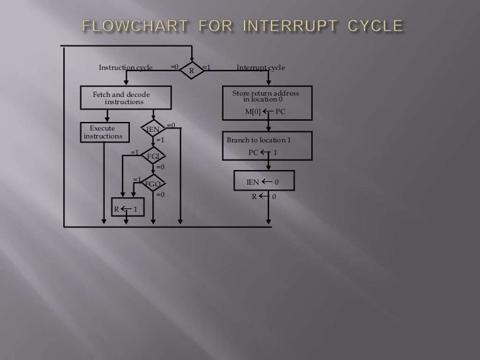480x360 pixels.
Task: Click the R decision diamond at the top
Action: coord(191,70)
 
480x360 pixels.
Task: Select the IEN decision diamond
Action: coord(153,130)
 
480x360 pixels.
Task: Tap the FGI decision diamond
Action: coord(153,156)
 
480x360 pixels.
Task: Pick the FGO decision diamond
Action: coord(153,184)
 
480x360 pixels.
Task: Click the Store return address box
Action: coord(266,102)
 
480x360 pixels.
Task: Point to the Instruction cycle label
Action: coord(125,68)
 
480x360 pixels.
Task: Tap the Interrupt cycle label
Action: coord(261,68)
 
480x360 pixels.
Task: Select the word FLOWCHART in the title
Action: coord(135,27)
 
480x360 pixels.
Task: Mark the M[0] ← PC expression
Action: coord(265,112)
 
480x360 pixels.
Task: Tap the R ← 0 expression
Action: coord(264,196)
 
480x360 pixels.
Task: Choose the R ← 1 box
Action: coord(125,210)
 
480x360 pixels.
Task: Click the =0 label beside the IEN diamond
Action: coord(171,125)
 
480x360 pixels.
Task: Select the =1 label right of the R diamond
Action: coord(206,67)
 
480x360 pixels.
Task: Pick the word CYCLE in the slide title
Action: coord(371,27)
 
